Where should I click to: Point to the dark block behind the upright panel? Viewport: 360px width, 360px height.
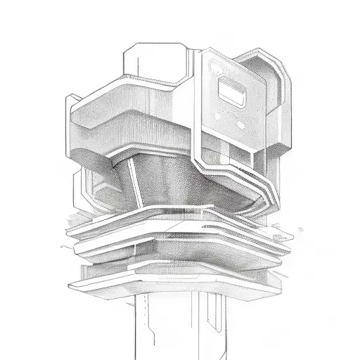click(271, 77)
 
